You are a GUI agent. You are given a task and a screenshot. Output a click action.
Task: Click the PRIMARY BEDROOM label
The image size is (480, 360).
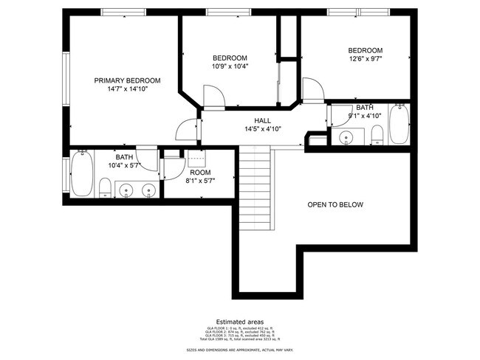point(126,80)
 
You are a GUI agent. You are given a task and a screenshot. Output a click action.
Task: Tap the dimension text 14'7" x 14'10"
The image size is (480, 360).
point(126,89)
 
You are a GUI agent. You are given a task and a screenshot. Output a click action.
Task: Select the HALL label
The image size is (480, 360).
point(262,120)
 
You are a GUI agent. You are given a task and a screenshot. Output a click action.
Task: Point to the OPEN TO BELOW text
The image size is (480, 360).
point(335,204)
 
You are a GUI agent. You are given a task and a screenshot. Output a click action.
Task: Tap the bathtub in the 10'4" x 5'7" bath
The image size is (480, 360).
point(80,173)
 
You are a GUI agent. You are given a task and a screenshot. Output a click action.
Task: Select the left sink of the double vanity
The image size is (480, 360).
point(127,191)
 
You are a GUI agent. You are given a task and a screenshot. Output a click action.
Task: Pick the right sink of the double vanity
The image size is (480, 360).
point(148,191)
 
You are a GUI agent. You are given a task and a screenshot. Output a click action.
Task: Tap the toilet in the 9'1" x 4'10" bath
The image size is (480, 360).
point(377,134)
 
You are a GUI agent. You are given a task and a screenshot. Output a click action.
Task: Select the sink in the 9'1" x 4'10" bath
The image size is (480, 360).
point(347,137)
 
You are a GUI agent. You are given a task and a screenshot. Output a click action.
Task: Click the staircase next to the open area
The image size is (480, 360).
point(256,188)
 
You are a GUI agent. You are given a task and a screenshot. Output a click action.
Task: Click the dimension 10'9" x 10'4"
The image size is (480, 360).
point(230,66)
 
